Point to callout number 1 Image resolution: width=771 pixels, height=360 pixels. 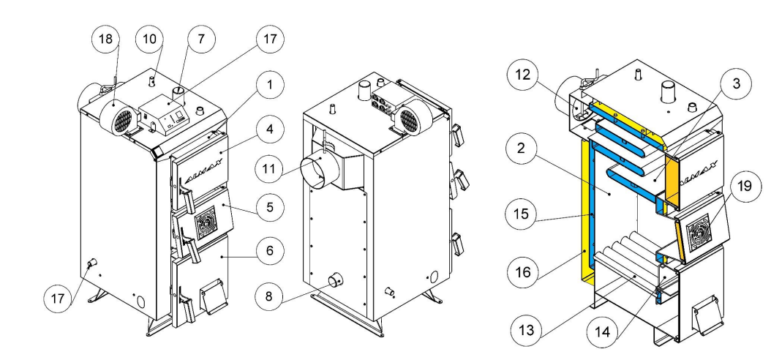click(270, 85)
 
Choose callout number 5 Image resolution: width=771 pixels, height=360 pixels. click(270, 207)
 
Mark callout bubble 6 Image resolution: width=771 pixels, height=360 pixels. click(270, 254)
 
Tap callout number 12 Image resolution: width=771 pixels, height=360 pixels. click(525, 75)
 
